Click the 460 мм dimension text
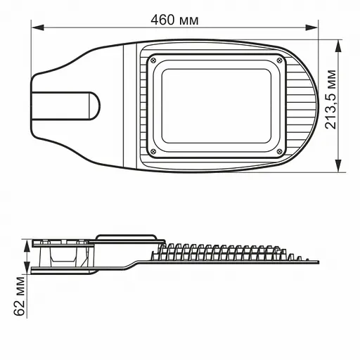pos(175,19)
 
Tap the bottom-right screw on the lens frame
pos(280,151)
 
